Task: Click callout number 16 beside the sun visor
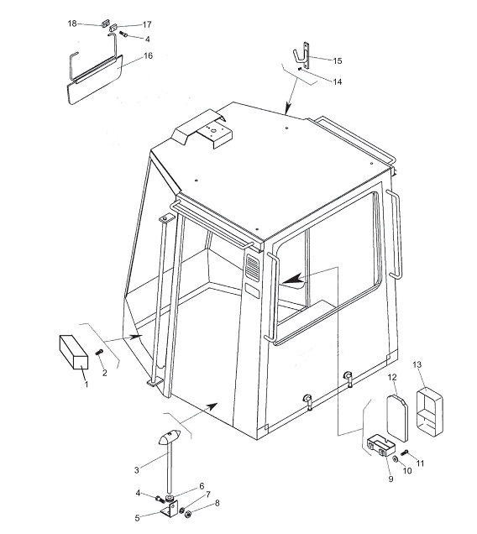148,55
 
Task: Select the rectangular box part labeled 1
74,352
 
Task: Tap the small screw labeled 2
99,353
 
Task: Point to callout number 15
338,60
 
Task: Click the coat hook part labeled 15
302,55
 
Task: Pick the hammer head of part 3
170,437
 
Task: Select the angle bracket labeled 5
170,511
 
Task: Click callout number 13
417,364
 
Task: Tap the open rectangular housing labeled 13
430,412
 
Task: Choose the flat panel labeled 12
397,418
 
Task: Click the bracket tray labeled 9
381,446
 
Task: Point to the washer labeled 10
395,459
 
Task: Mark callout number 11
420,463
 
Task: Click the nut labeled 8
187,514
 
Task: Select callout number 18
72,24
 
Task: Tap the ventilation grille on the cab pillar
253,267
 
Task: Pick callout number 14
338,81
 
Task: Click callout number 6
202,486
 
